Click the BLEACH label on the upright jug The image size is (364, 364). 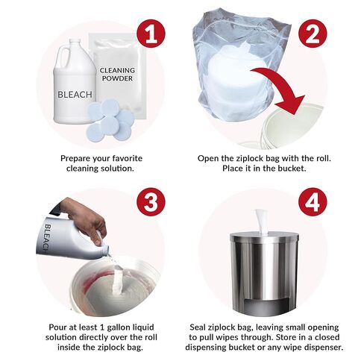(x=75, y=95)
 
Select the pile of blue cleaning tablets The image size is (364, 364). (x=110, y=115)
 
